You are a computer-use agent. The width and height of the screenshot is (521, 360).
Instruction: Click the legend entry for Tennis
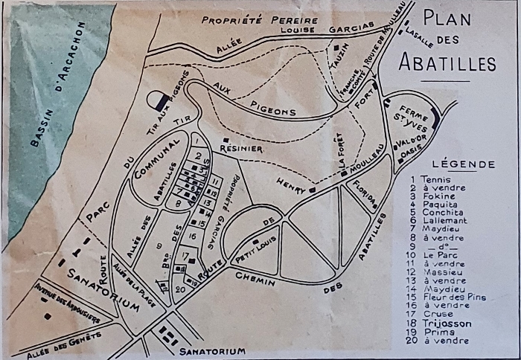click(x=435, y=179)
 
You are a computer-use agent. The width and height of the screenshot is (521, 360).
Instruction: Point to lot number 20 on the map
click(x=179, y=289)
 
